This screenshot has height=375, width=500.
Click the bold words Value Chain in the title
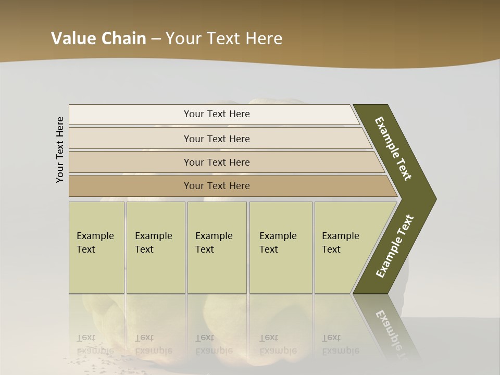(x=98, y=39)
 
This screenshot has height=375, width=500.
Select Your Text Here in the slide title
(x=224, y=39)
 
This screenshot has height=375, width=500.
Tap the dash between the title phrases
(x=156, y=39)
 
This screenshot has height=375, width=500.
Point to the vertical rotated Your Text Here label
(x=60, y=149)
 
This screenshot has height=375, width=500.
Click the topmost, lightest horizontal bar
(x=217, y=114)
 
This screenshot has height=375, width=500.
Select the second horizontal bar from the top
(x=217, y=139)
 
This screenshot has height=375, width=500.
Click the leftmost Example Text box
(x=96, y=247)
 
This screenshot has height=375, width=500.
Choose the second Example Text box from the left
(x=156, y=247)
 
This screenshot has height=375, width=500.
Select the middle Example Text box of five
(x=217, y=247)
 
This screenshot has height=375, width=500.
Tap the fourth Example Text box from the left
(x=281, y=247)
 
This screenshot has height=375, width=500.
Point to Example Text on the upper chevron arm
(x=394, y=148)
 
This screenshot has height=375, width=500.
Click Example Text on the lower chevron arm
(x=395, y=246)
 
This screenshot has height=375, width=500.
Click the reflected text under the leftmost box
(x=95, y=344)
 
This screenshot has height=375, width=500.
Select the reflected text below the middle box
(x=214, y=344)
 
